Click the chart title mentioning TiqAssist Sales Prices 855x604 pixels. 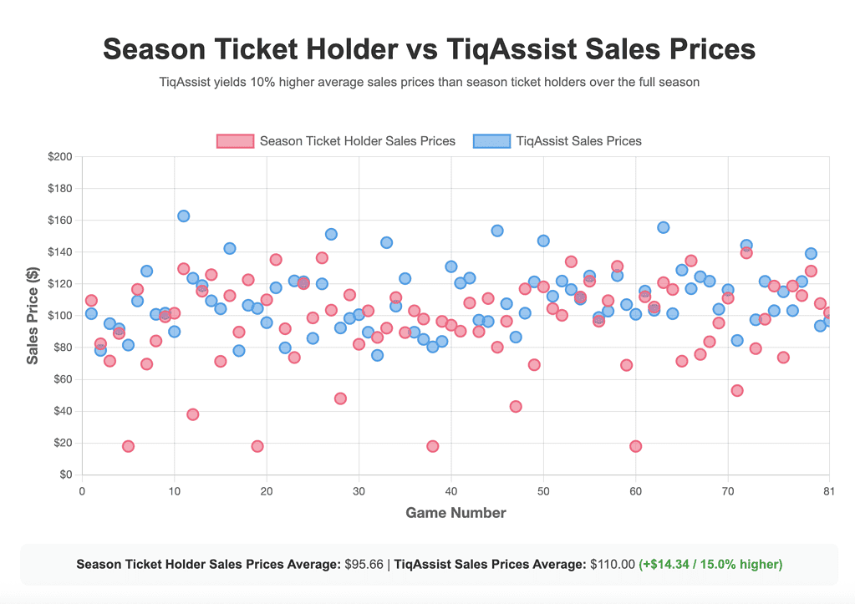[x=428, y=49]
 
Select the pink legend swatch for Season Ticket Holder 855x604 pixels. [x=235, y=141]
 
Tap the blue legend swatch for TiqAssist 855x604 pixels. [x=491, y=141]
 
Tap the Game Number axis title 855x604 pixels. [x=455, y=513]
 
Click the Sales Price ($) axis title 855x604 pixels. [x=33, y=316]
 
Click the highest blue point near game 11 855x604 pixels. [x=183, y=216]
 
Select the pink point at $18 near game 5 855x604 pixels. [x=128, y=446]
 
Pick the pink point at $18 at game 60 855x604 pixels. [x=635, y=446]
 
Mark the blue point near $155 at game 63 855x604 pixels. [x=663, y=227]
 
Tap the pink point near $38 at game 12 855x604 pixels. [x=192, y=414]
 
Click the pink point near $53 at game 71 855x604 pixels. [x=736, y=390]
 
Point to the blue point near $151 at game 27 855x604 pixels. [x=331, y=234]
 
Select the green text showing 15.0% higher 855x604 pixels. [x=710, y=564]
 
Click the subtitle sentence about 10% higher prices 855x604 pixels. [x=428, y=83]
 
